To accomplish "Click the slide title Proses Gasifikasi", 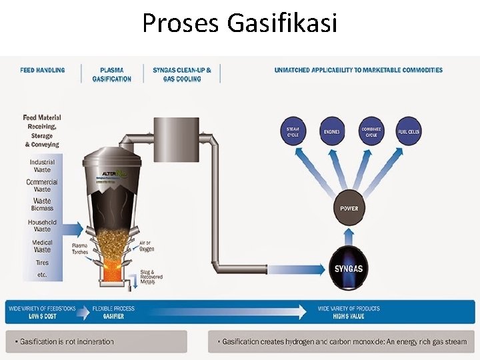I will tap(239, 24).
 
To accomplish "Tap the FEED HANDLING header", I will tap(43, 70).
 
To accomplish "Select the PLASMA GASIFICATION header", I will tap(111, 74).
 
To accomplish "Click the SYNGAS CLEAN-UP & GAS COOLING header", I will tap(182, 74).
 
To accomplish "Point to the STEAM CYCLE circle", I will tap(293, 131).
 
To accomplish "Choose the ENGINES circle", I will tap(331, 131).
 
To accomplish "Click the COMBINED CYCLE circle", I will tap(371, 131).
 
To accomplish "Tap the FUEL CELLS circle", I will tap(409, 131).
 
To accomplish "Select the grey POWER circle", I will tap(349, 209).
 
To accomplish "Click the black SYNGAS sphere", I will tap(349, 269).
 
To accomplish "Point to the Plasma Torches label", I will tap(80, 249).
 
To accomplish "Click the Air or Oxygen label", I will tap(147, 246).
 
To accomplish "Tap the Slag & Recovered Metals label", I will tap(151, 277).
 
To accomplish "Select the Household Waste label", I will tap(43, 226).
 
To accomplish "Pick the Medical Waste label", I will tap(43, 245).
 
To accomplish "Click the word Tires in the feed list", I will tap(43, 263).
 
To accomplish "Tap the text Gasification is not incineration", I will tap(67, 342).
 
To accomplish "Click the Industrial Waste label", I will tap(43, 165).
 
